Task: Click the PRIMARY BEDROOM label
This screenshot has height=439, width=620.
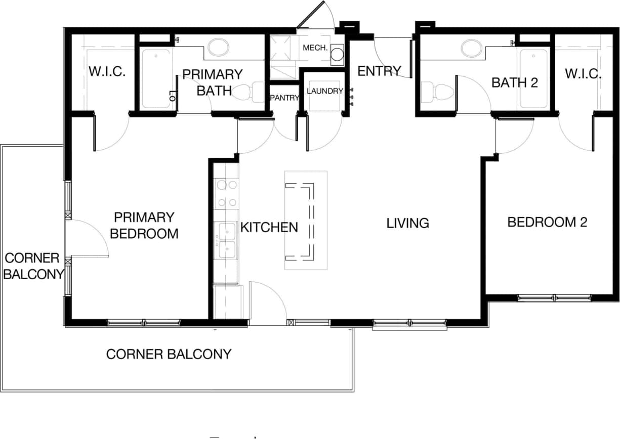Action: tap(144, 226)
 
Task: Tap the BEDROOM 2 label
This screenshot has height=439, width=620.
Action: tap(547, 222)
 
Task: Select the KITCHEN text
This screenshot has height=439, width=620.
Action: tap(269, 227)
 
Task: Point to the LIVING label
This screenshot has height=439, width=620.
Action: tap(407, 223)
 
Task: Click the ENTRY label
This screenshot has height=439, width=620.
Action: tap(379, 71)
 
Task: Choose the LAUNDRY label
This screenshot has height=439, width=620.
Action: tap(325, 91)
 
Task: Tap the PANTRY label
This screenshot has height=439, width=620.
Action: tap(284, 98)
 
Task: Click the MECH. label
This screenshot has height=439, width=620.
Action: tap(316, 48)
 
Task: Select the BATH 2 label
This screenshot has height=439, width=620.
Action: tap(514, 82)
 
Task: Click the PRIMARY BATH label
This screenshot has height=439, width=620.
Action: tap(213, 82)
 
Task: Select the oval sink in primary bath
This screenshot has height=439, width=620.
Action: tap(218, 48)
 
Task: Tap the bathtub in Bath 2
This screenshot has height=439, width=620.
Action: tap(533, 78)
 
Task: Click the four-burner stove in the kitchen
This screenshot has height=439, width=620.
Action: tap(226, 194)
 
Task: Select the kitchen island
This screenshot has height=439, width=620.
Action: tap(306, 220)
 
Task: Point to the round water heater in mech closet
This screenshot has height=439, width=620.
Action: tap(338, 55)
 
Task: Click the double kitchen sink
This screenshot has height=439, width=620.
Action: tap(226, 241)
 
